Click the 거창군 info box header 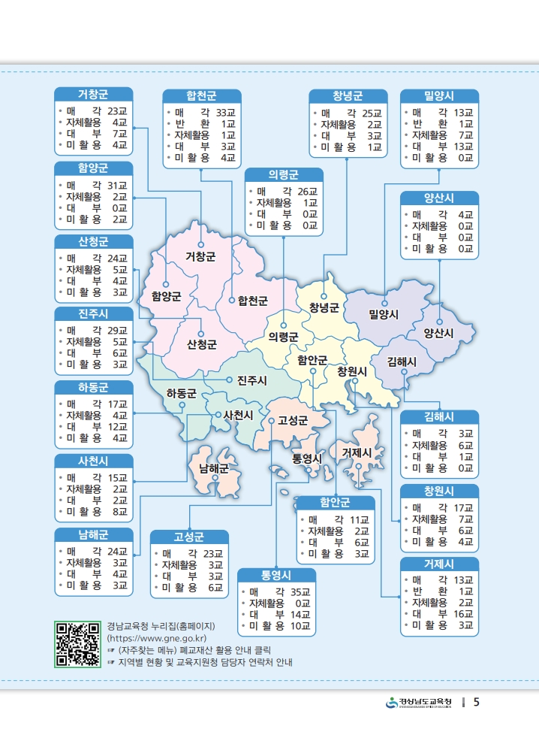(x=93, y=95)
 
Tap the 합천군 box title (x=201, y=96)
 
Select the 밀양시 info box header (x=439, y=96)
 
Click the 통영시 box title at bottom (x=276, y=576)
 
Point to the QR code (x=77, y=645)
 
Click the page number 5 (x=477, y=703)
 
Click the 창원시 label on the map (x=351, y=371)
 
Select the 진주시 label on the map (x=251, y=380)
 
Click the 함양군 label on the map (x=166, y=295)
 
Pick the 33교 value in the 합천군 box (x=225, y=112)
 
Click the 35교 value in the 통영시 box (x=300, y=591)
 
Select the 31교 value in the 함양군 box (x=117, y=185)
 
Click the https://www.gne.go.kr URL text (x=158, y=638)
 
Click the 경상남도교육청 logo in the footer (x=420, y=703)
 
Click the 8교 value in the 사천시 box (x=120, y=513)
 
